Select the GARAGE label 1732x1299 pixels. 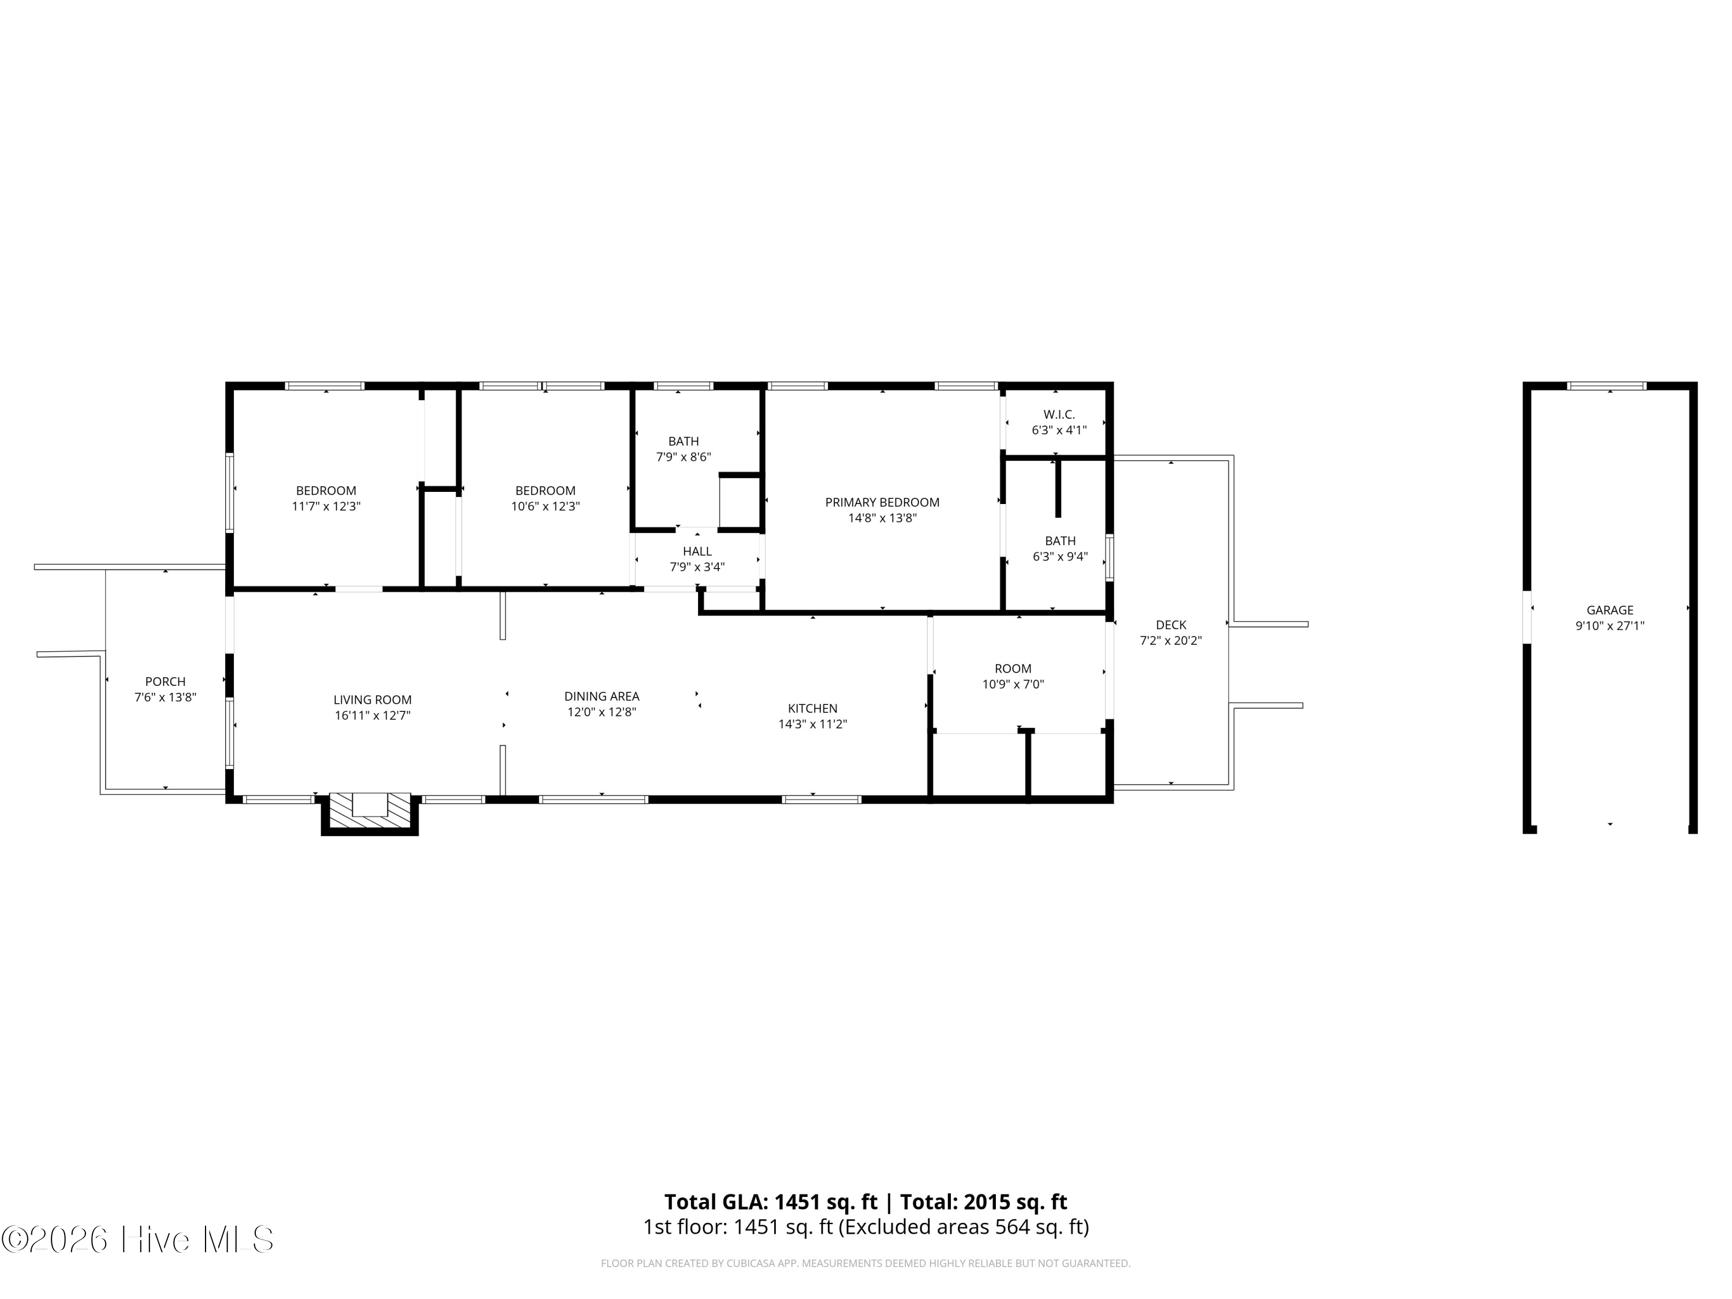(1610, 610)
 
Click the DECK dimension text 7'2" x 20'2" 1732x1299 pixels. (1171, 640)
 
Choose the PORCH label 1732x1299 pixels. (165, 681)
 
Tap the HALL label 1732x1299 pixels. (697, 551)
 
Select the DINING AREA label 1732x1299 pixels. (602, 696)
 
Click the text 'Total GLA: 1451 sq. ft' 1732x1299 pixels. (771, 1202)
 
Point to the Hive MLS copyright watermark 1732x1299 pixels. (138, 1240)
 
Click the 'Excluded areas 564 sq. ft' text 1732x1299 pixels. (963, 1227)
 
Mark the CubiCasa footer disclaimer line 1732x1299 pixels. (865, 1263)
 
